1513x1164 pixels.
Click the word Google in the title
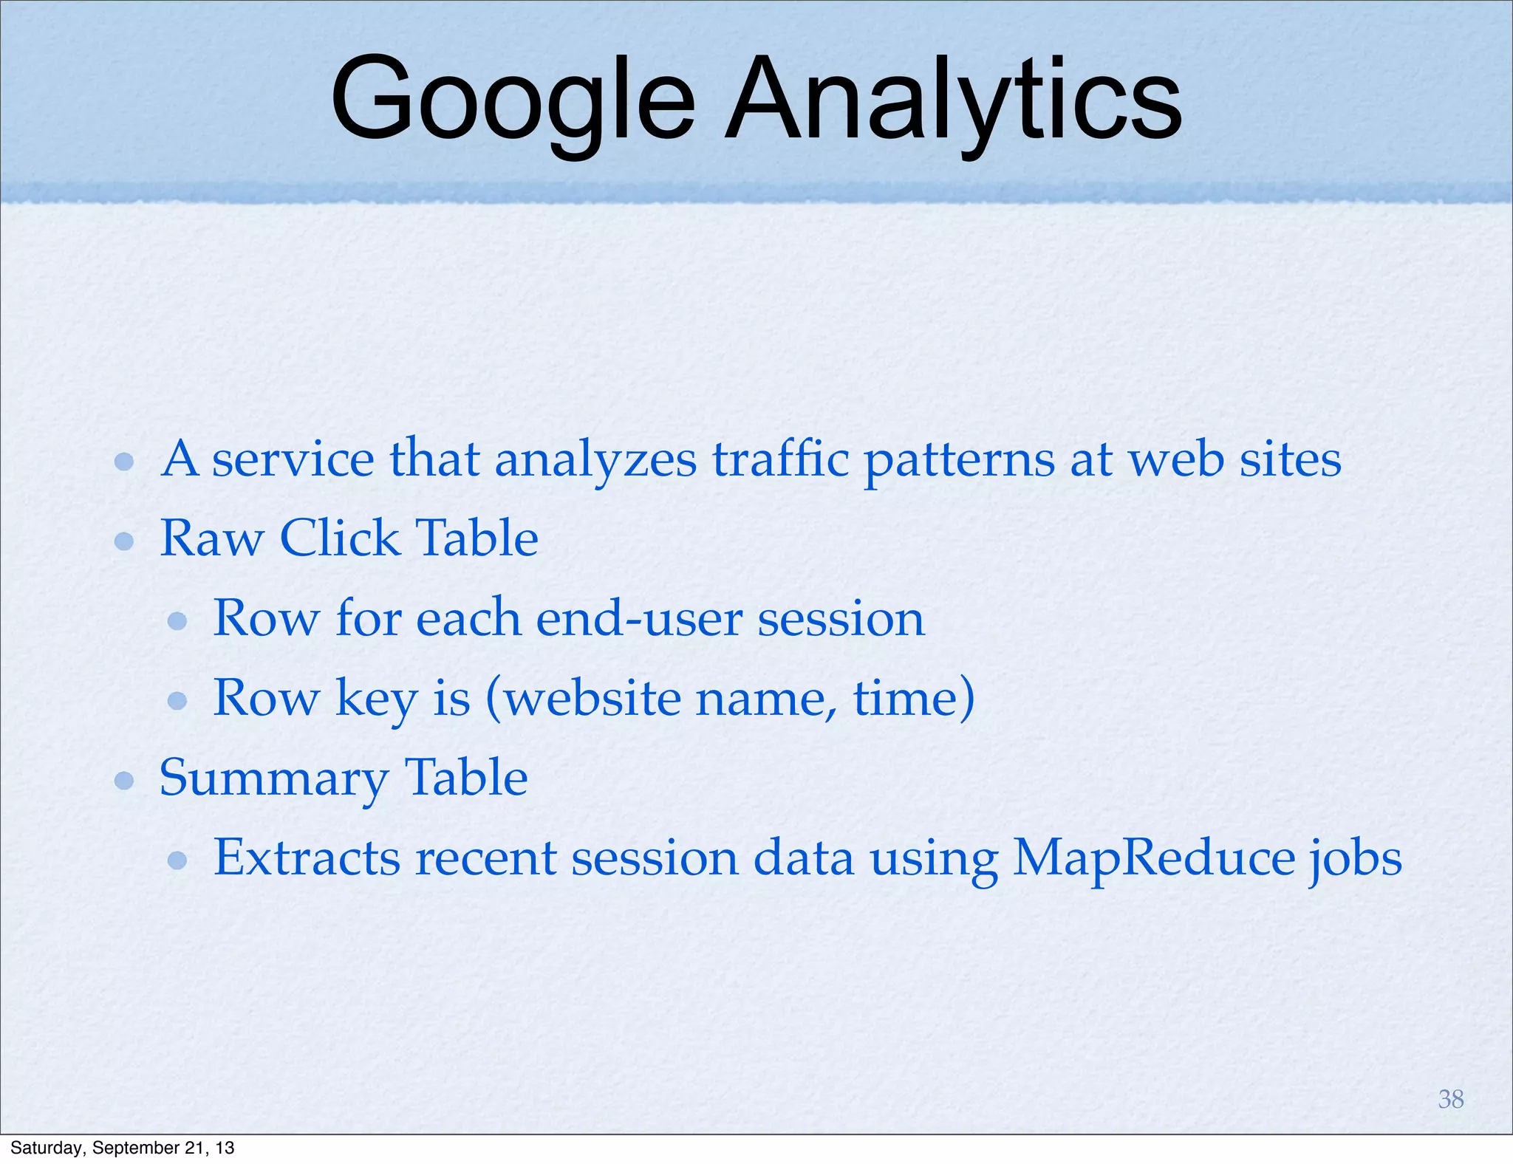[512, 100]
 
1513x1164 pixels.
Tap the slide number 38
[1451, 1099]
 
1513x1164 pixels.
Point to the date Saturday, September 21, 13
[123, 1148]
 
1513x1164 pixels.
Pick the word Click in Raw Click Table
[339, 538]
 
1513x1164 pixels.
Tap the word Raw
[212, 538]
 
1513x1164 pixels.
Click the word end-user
[639, 618]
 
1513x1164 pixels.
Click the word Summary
[274, 779]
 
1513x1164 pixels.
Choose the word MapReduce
[1153, 858]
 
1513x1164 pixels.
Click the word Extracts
[307, 858]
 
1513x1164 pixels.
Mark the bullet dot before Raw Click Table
[124, 541]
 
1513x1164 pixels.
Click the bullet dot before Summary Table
[124, 781]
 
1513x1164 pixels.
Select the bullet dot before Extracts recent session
[177, 860]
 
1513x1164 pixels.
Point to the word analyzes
[595, 460]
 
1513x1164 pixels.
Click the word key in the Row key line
[376, 699]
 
